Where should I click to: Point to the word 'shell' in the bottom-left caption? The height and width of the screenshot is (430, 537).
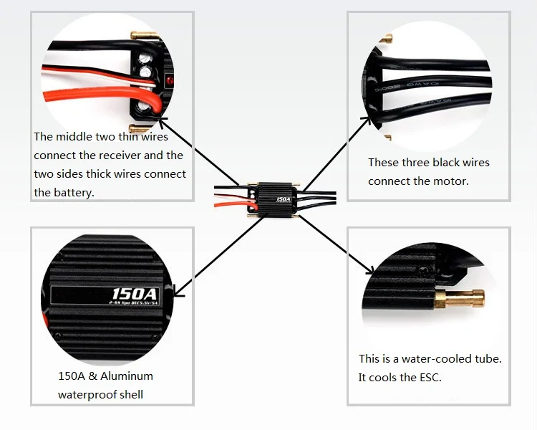130,394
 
